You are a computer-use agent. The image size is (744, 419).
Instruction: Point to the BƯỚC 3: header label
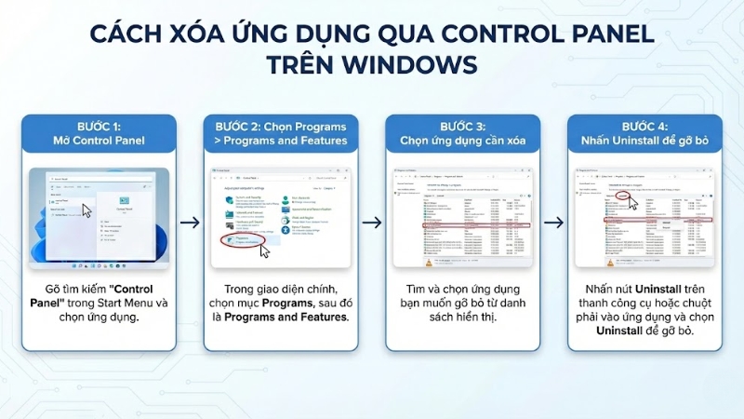pyautogui.click(x=462, y=127)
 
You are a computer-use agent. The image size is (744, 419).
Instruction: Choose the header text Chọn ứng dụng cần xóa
pyautogui.click(x=462, y=142)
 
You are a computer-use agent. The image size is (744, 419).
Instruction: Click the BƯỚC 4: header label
pyautogui.click(x=644, y=127)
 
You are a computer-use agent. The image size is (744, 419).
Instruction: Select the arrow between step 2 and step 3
pyautogui.click(x=371, y=223)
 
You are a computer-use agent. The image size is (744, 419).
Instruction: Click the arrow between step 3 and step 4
pyautogui.click(x=552, y=223)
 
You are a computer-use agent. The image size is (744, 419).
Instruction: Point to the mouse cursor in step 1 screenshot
pyautogui.click(x=86, y=209)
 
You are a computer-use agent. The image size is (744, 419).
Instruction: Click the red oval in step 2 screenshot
pyautogui.click(x=245, y=241)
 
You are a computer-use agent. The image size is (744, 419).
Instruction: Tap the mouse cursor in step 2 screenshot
pyautogui.click(x=265, y=251)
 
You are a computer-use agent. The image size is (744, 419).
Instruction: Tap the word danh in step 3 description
pyautogui.click(x=505, y=303)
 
